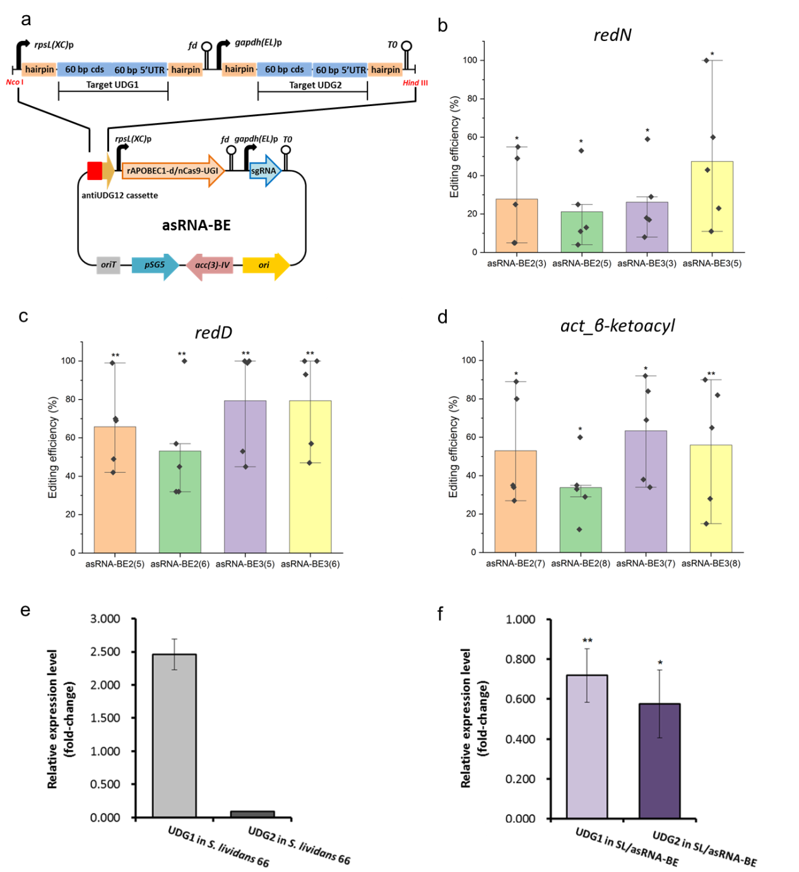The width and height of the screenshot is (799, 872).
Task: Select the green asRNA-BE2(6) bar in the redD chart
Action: coord(180,502)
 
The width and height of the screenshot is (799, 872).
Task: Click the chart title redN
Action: coord(612,35)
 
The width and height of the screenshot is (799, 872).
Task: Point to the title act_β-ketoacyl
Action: coord(617,326)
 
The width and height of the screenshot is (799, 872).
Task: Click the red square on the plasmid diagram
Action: coord(95,170)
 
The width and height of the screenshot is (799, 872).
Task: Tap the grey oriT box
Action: coord(109,265)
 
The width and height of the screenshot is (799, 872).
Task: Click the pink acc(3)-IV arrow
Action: coord(210,265)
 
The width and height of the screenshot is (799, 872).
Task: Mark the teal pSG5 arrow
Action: coord(154,265)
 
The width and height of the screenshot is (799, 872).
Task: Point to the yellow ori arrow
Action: coord(265,265)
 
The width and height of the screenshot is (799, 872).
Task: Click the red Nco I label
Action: coord(14,83)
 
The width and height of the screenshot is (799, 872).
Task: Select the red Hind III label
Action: coord(415,83)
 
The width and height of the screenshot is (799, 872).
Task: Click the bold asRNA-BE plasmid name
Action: coord(196,225)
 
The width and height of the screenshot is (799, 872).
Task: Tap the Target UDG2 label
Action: coord(315,85)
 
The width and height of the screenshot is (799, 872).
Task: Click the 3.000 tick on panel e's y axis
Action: coord(105,619)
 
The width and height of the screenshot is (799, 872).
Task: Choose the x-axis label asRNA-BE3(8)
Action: coord(711,563)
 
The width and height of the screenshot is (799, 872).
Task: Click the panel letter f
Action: coord(441,613)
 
